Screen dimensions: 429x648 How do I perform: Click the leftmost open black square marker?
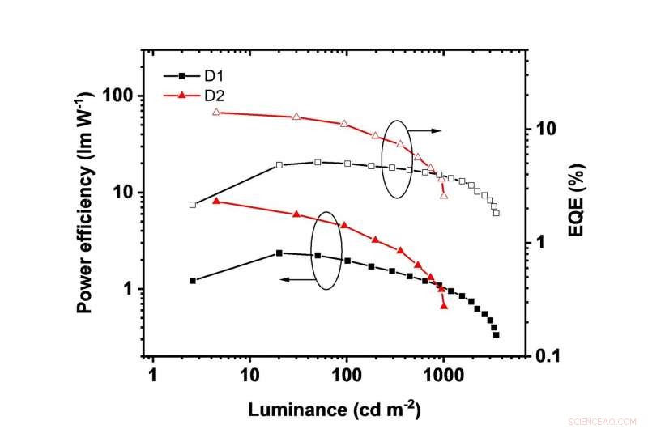point(193,205)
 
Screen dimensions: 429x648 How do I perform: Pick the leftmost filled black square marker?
point(193,281)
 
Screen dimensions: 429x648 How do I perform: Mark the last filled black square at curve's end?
point(496,334)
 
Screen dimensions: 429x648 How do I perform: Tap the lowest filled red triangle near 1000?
point(444,306)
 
